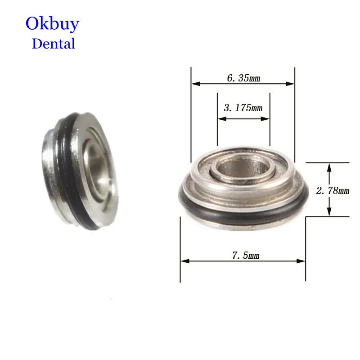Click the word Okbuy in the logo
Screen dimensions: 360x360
(x=52, y=23)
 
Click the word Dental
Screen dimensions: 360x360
(x=53, y=44)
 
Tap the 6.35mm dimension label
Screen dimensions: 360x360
(x=243, y=78)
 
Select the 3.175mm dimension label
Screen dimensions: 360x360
(x=243, y=108)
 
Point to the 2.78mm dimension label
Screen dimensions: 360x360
(x=333, y=190)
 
